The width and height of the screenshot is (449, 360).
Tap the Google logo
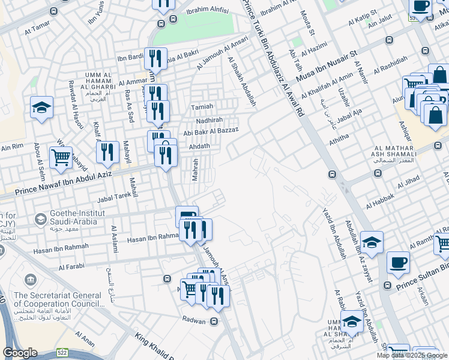pos(20,352)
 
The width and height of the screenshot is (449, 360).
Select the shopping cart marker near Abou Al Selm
pos(61,157)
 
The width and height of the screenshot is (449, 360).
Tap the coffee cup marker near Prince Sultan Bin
pos(398,262)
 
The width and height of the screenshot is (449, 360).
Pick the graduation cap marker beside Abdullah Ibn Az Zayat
pos(372,242)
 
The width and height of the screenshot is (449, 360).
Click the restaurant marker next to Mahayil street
pos(107,152)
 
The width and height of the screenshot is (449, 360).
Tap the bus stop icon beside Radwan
pos(214,321)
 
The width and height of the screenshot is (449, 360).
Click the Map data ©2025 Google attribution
pos(412,355)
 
